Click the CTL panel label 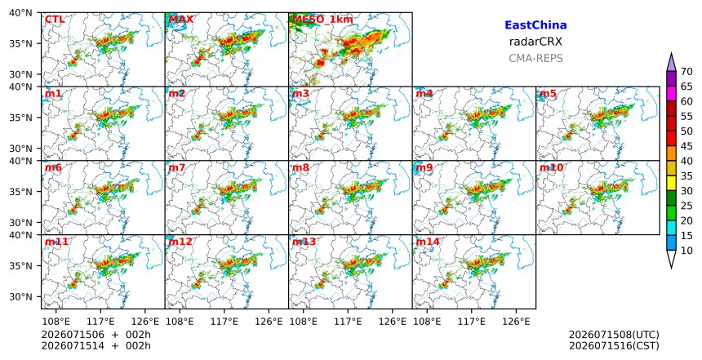55,20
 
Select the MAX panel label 181,20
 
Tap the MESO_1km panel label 322,20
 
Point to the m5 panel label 548,94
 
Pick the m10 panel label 552,167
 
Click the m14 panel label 428,242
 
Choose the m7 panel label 177,167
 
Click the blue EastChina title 535,25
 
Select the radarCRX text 535,42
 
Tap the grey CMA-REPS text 535,58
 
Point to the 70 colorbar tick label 686,72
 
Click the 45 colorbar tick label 686,146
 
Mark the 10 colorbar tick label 686,251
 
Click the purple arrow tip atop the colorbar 671,53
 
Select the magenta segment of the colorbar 671,94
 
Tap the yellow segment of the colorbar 671,183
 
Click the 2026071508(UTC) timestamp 614,335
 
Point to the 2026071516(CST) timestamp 614,345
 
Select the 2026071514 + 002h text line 96,345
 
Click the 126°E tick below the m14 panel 516,321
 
